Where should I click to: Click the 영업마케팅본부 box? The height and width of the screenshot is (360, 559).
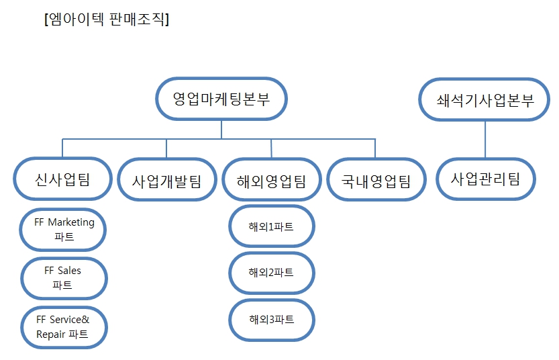[x=221, y=99]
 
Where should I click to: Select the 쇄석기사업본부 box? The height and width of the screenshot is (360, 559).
[x=486, y=100]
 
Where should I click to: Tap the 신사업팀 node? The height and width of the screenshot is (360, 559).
[x=62, y=179]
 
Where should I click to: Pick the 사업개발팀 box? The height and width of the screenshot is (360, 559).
[x=166, y=180]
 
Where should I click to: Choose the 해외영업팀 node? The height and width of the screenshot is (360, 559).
[x=271, y=180]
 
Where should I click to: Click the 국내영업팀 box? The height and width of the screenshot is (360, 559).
[x=376, y=180]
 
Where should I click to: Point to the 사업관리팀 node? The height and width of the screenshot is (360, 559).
[x=485, y=179]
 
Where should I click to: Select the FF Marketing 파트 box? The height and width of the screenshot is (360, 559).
[x=64, y=230]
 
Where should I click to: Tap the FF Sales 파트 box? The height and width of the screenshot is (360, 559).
[x=64, y=277]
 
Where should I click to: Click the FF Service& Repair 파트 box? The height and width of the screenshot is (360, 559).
[x=64, y=327]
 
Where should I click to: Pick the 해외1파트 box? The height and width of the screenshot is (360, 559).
[x=271, y=226]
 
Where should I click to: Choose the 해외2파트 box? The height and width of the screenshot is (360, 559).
[x=271, y=272]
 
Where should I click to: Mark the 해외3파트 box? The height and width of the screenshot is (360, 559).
[x=271, y=319]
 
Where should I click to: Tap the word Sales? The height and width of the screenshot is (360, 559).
[x=69, y=270]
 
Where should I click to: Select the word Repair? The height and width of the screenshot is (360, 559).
[x=51, y=334]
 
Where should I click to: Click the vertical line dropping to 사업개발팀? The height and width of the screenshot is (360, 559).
[x=166, y=148]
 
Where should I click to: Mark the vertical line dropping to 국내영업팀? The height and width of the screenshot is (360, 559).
[x=375, y=148]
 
